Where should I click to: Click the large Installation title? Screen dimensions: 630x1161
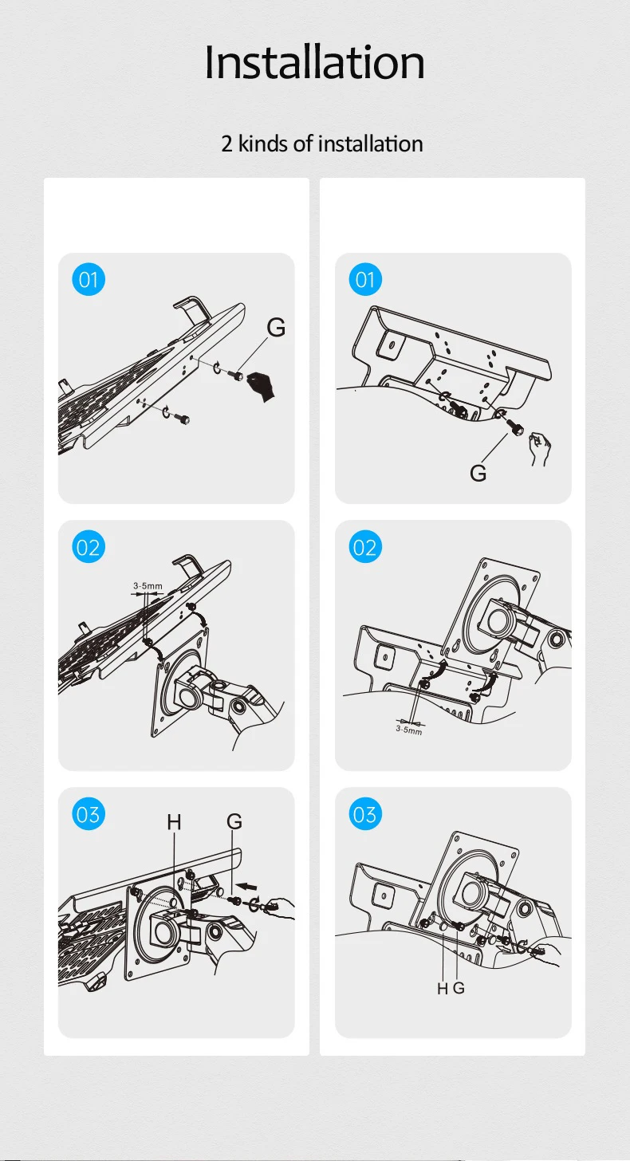[x=315, y=62]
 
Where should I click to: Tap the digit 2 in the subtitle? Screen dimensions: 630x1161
[x=226, y=144]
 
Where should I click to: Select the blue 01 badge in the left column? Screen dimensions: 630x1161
[x=89, y=279]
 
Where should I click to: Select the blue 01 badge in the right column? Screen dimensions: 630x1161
[x=365, y=279]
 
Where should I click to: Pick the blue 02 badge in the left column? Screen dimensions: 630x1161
[x=89, y=547]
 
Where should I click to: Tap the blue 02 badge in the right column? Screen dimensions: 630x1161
[x=365, y=547]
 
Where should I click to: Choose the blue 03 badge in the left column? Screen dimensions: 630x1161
[x=89, y=813]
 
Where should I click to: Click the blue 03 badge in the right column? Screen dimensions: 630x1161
[x=365, y=813]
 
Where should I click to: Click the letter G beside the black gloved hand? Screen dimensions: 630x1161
[x=277, y=328]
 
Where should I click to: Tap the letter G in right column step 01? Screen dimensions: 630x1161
[x=478, y=473]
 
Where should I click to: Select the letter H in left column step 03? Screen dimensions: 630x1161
[x=174, y=821]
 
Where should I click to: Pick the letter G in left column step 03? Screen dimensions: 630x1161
[x=234, y=821]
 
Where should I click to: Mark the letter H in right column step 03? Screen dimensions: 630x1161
[x=443, y=989]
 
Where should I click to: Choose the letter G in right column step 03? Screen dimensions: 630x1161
[x=459, y=988]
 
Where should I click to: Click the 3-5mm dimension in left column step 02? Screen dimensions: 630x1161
[x=148, y=585]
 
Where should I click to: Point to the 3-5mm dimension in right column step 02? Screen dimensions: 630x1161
[x=409, y=730]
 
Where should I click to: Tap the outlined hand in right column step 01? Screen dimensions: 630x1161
[x=539, y=448]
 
